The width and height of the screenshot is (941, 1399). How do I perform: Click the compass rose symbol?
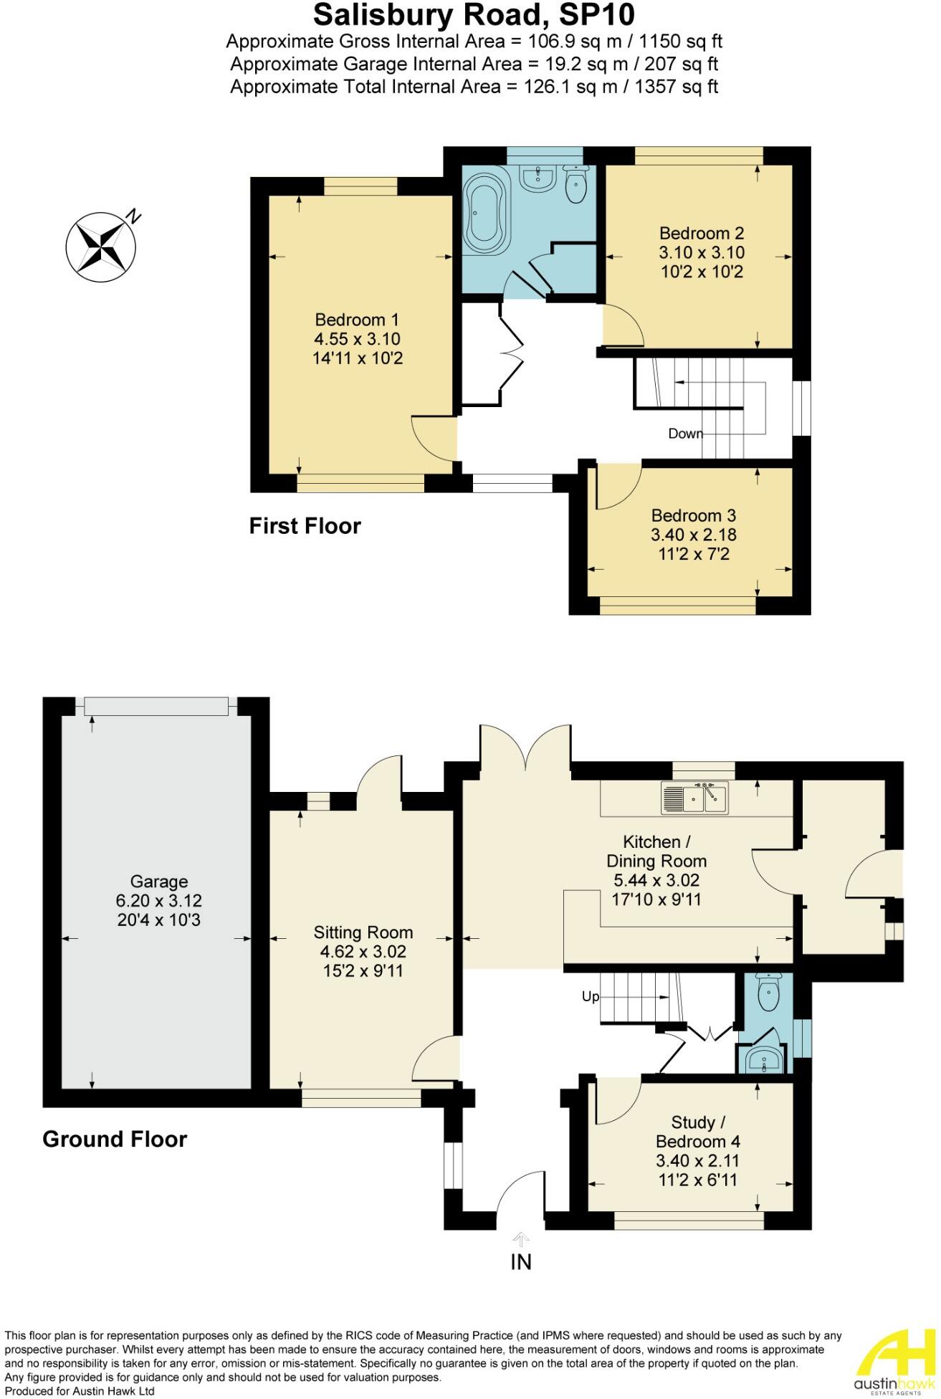(x=101, y=244)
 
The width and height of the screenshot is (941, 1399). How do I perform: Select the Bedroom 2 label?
(x=702, y=233)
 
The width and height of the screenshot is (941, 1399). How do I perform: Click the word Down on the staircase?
(x=685, y=434)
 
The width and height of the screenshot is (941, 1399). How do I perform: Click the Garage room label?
(x=158, y=882)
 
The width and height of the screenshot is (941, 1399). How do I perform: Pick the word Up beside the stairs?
(x=591, y=997)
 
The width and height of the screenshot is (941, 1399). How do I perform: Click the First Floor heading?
(x=305, y=526)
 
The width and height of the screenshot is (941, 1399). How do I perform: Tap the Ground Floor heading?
(x=115, y=1139)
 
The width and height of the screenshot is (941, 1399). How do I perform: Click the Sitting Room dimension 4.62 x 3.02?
(x=363, y=952)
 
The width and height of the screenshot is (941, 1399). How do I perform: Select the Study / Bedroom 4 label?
(x=698, y=1132)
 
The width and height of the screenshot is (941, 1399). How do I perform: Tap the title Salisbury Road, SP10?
(x=474, y=15)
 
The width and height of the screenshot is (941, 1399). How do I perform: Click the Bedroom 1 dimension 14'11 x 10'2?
(x=357, y=358)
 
